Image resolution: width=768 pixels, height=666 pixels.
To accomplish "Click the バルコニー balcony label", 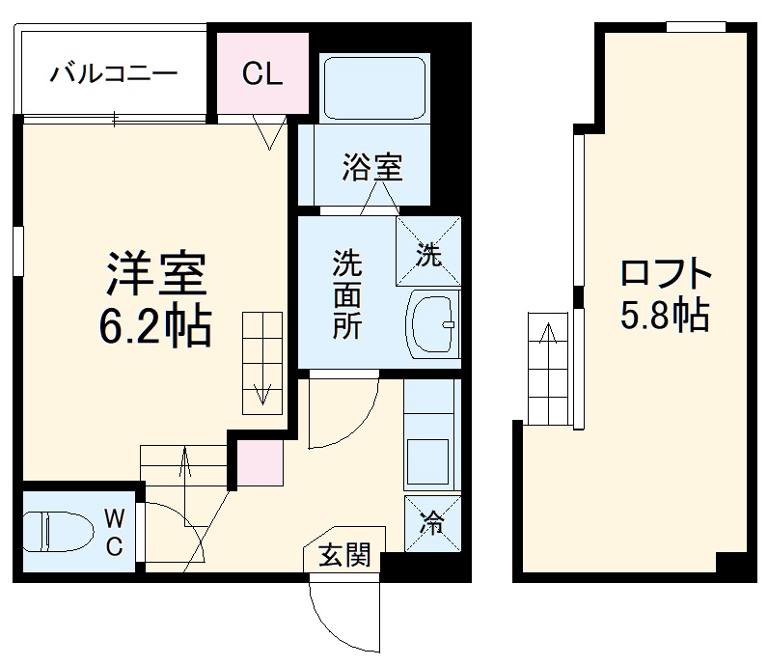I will [x=114, y=72].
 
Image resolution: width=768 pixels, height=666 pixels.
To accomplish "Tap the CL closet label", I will [x=261, y=74].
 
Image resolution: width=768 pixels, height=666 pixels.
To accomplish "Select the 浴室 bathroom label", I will [x=371, y=168].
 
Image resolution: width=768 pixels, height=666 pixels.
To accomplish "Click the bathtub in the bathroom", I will [x=374, y=88].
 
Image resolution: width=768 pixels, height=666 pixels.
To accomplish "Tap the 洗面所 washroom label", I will [x=347, y=293].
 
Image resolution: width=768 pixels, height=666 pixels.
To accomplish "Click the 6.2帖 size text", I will [x=154, y=329].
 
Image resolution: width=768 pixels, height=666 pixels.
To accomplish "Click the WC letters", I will [x=114, y=534].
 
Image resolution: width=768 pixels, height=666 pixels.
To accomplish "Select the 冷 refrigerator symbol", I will [x=432, y=523].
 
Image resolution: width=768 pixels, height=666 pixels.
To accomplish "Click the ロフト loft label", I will [x=666, y=272].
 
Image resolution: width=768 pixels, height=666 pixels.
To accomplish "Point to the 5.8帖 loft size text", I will [x=666, y=315].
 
